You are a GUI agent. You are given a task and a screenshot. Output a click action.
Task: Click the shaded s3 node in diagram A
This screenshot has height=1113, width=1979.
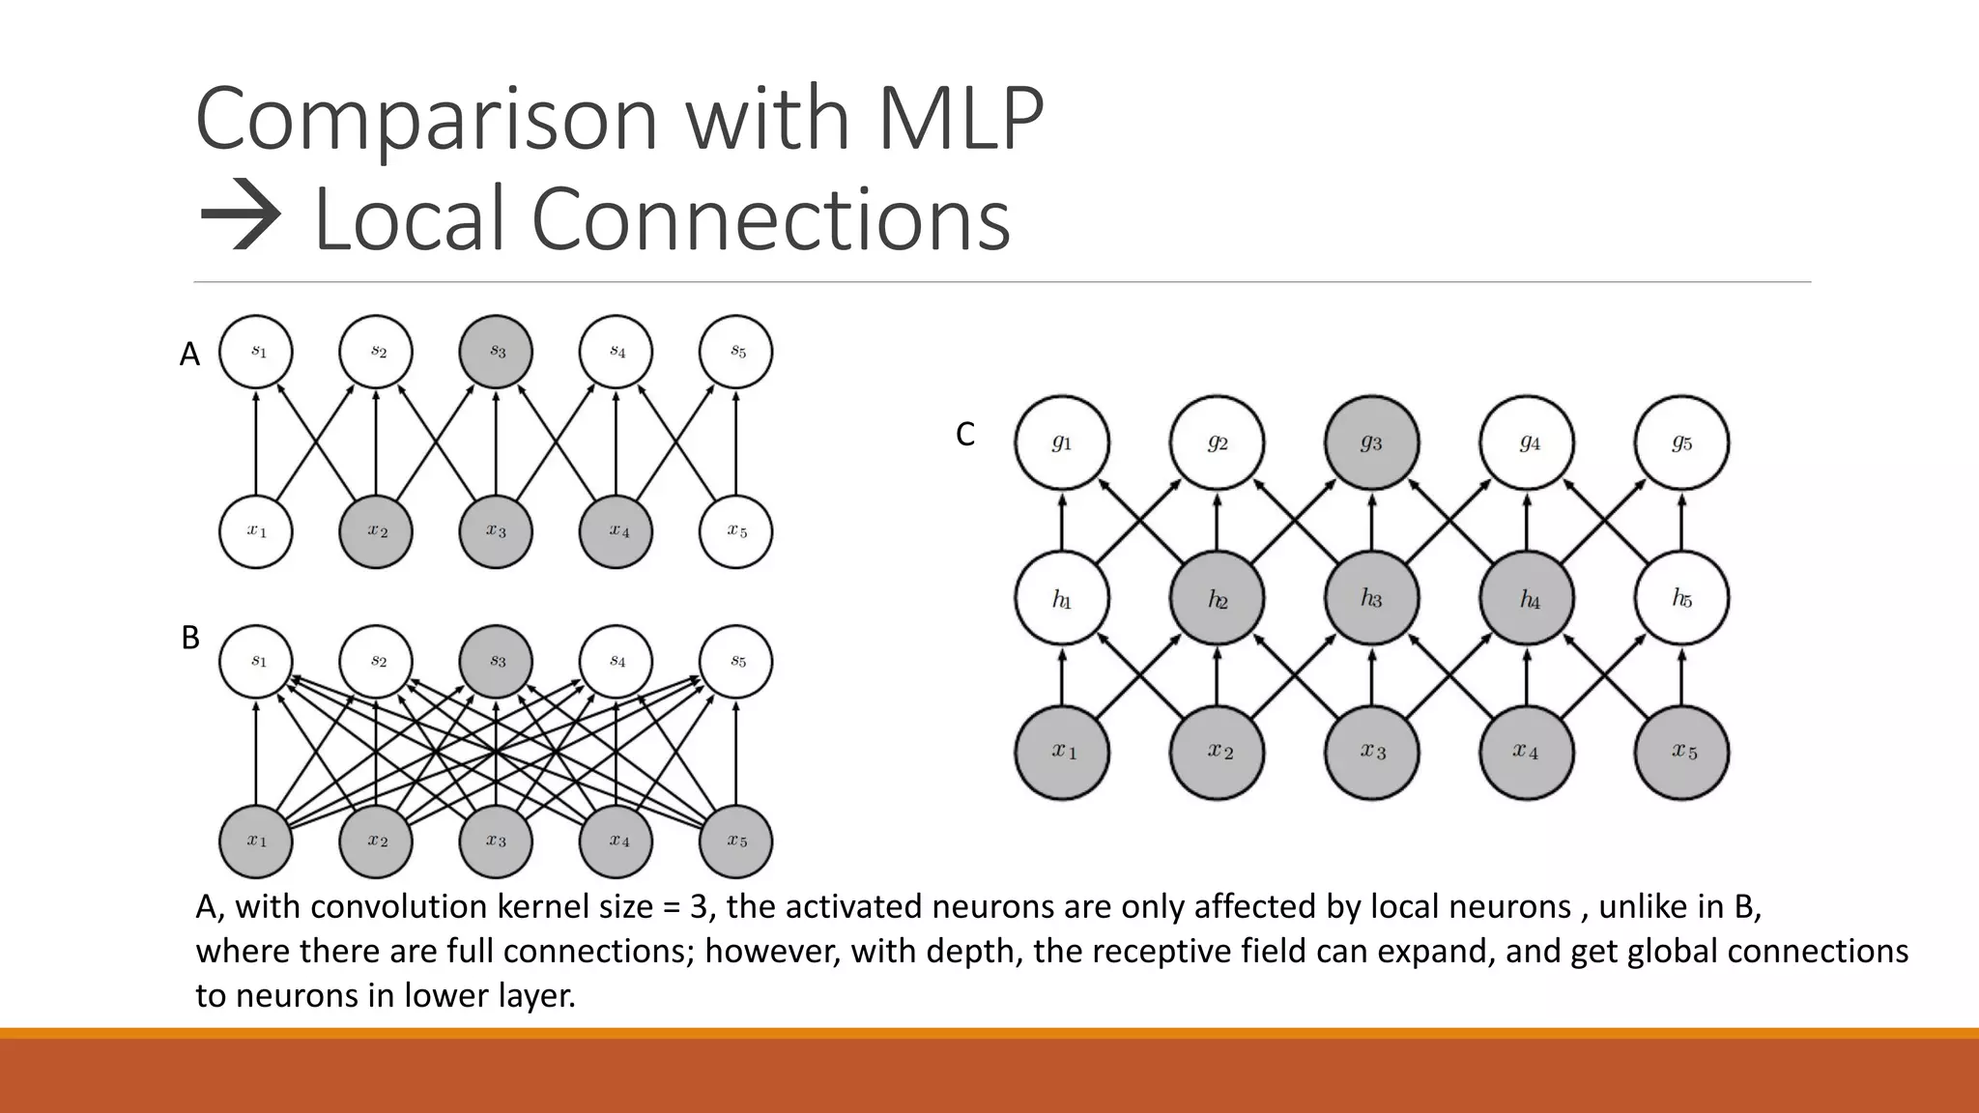496,352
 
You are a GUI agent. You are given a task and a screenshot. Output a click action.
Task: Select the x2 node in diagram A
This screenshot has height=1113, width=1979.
376,531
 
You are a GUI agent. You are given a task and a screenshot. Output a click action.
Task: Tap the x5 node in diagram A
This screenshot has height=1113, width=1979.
735,531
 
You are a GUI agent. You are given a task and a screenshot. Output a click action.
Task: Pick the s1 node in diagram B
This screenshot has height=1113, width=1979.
256,662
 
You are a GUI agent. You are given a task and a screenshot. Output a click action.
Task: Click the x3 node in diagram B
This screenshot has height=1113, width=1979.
496,842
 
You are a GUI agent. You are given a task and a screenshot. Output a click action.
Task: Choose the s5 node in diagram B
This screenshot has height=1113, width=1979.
735,662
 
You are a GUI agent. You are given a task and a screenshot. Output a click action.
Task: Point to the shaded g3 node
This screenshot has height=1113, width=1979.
1371,442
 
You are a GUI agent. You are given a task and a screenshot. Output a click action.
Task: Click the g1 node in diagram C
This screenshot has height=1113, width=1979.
1062,442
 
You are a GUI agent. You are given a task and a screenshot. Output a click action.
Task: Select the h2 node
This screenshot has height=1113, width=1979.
1217,599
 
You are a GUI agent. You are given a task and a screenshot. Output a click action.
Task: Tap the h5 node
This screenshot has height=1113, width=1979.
1681,599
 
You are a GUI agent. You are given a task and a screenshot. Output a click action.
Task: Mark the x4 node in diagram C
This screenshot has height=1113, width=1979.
1526,752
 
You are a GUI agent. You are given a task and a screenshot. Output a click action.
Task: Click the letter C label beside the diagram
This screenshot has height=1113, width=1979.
964,436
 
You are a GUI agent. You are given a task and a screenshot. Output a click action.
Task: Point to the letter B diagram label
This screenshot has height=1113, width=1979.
190,639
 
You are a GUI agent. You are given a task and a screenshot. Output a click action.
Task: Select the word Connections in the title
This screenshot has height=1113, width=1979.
770,219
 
